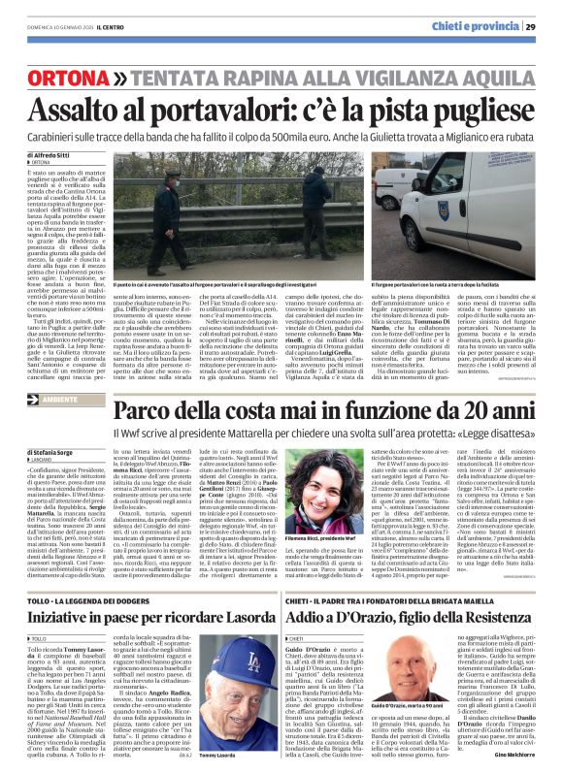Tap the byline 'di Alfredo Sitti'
[44, 154]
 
